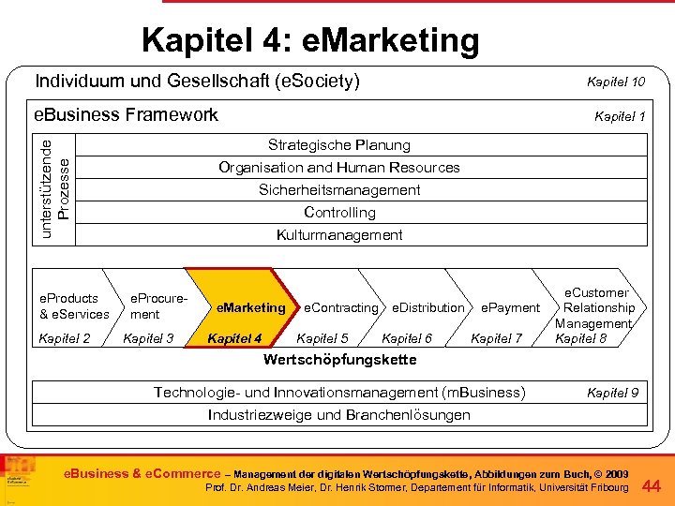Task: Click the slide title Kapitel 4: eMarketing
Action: pos(310,40)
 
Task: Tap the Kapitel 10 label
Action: pos(615,82)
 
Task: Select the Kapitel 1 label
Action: pos(620,116)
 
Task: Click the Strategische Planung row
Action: pos(338,145)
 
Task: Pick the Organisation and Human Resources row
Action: pos(338,168)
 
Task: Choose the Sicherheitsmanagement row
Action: pos(338,190)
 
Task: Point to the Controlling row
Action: pos(338,213)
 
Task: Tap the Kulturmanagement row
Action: pos(338,235)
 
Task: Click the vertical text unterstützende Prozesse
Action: pos(55,186)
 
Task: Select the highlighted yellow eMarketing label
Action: pos(250,307)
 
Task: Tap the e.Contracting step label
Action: pos(341,307)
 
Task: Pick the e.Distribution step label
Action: pos(427,307)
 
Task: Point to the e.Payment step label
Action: pos(510,307)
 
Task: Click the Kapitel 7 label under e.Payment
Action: pos(496,338)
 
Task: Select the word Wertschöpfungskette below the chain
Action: pos(339,360)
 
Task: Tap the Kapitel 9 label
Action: pos(612,392)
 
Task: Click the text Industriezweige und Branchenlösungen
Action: pos(338,414)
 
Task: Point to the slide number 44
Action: pos(652,485)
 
